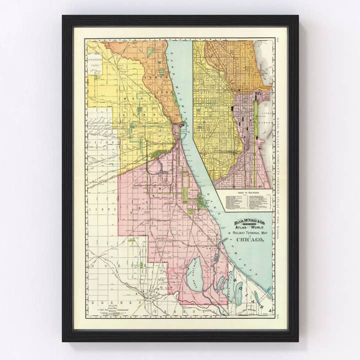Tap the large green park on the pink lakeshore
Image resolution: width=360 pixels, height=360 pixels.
click(x=202, y=202)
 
